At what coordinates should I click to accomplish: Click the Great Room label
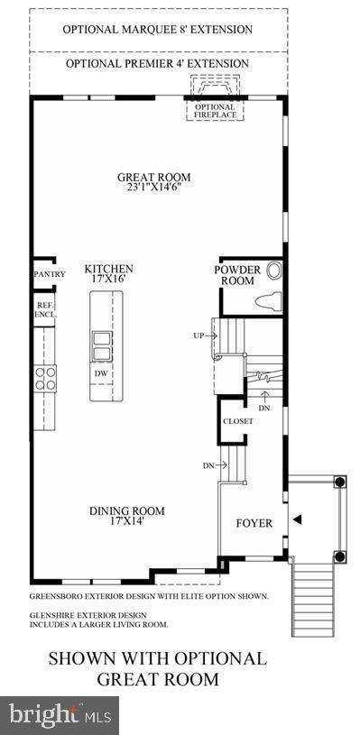click(153, 178)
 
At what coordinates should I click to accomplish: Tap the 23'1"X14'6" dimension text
click(153, 190)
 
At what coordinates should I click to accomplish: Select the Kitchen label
click(109, 269)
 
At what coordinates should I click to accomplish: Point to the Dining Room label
click(126, 511)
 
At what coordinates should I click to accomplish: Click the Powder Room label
click(237, 275)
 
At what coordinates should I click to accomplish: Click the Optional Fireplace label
click(214, 111)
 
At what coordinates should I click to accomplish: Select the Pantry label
click(44, 274)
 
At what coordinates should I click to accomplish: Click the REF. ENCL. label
click(45, 310)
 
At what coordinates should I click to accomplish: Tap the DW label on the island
click(101, 373)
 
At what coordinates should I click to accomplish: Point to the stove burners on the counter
click(45, 376)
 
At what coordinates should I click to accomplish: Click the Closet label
click(237, 420)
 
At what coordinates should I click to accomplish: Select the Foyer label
click(254, 522)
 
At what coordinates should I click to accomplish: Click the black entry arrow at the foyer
click(296, 519)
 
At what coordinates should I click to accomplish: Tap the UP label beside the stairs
click(199, 335)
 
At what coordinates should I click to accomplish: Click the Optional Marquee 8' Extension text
click(157, 29)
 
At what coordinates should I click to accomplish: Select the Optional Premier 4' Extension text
click(157, 64)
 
